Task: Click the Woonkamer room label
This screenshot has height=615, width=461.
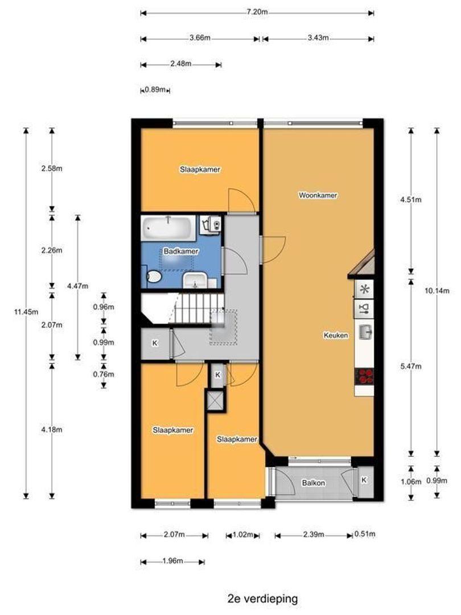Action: (x=318, y=195)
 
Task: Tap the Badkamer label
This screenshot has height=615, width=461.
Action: (x=181, y=252)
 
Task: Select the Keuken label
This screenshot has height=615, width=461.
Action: (x=336, y=335)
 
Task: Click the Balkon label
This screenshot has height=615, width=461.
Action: (x=313, y=483)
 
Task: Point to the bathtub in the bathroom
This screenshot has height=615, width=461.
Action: (x=168, y=227)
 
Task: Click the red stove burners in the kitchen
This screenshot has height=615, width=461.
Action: (x=364, y=376)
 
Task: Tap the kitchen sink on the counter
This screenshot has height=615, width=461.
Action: (x=365, y=333)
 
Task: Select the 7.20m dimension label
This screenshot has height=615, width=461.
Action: (x=257, y=12)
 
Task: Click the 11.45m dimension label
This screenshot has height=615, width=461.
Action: (x=26, y=312)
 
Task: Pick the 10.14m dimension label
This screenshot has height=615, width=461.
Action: (x=437, y=291)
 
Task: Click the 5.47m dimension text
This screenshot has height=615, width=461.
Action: (x=411, y=366)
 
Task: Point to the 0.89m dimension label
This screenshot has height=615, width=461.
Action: (x=155, y=89)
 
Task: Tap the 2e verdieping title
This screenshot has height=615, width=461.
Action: (x=262, y=599)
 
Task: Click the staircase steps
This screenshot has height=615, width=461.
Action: (x=197, y=309)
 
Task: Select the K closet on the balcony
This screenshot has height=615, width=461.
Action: (x=364, y=479)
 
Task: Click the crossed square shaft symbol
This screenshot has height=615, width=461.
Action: (x=215, y=400)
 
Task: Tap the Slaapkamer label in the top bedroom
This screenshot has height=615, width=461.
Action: (x=200, y=170)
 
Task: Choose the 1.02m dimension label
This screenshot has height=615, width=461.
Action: (x=243, y=534)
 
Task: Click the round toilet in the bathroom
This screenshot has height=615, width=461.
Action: (x=154, y=277)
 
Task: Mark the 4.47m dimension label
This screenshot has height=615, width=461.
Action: (x=77, y=286)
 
